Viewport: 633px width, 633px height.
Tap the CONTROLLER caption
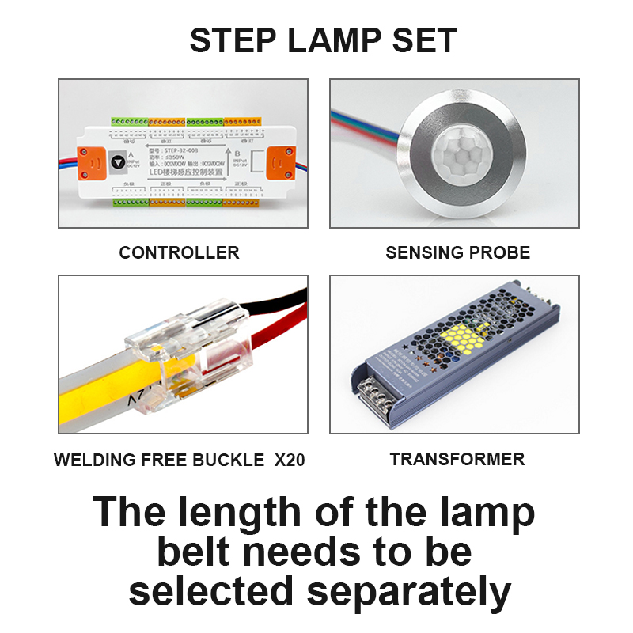pos(179,253)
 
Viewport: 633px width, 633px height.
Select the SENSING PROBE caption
pos(457,253)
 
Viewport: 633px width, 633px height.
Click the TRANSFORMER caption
pos(457,459)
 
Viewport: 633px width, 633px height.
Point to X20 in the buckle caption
pos(289,460)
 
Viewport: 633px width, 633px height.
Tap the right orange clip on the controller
pos(279,162)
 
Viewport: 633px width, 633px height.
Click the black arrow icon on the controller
pos(118,161)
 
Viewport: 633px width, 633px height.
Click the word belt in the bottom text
pos(204,552)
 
